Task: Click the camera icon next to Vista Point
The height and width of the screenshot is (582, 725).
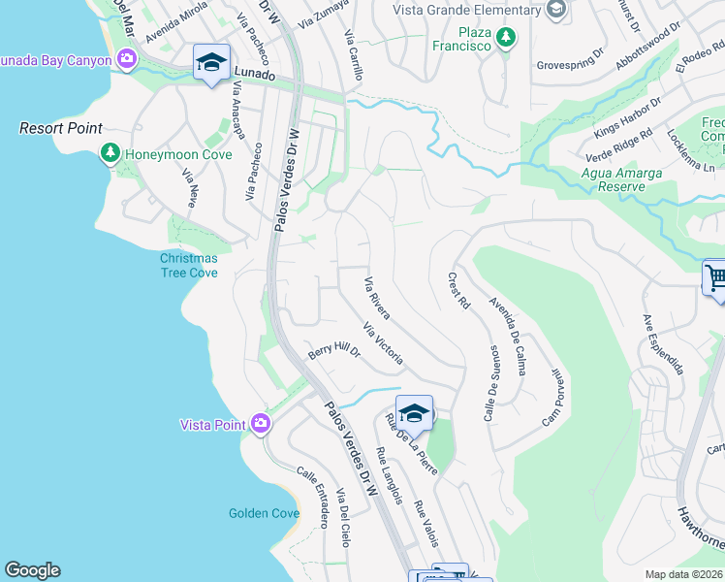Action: [260, 423]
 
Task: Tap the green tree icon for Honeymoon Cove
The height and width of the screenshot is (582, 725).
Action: [110, 153]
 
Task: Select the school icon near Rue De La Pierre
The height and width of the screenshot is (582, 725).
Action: [414, 413]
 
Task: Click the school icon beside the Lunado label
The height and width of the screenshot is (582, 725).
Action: [211, 62]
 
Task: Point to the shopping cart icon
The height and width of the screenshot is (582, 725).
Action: [716, 278]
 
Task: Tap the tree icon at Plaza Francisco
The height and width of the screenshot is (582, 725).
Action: [504, 38]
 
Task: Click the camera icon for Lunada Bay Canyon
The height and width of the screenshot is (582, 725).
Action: [126, 60]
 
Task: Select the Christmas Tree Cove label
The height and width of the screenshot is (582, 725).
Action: [189, 265]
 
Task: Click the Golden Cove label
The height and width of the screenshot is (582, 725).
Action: [264, 513]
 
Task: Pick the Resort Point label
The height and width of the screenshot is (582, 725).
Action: [61, 128]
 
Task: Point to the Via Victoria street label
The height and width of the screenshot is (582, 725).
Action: [382, 344]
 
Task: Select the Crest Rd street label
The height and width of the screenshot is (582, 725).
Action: [458, 290]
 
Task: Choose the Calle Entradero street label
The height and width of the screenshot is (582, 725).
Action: [313, 497]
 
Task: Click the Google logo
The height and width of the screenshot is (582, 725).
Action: [32, 570]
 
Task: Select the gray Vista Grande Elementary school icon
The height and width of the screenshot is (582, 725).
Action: [555, 11]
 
